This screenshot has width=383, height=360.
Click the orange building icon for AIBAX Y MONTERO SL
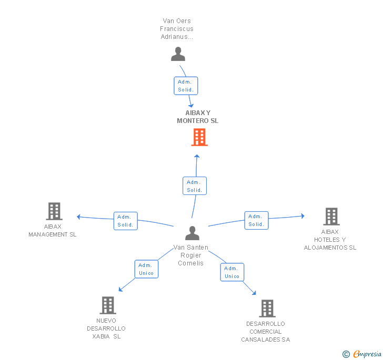[x=199, y=137]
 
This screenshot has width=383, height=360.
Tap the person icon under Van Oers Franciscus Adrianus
[x=178, y=54]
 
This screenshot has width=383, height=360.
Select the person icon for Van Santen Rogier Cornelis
[x=192, y=233]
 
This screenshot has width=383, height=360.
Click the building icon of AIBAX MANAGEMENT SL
[x=54, y=211]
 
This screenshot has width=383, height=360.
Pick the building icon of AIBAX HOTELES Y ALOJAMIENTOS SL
[x=331, y=217]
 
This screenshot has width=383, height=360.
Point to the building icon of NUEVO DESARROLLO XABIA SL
[x=108, y=305]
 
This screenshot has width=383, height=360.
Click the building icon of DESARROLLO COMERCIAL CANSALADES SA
[x=267, y=308]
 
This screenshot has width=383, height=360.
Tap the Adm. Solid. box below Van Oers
[x=186, y=86]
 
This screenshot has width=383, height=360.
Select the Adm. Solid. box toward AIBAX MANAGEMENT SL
[x=126, y=221]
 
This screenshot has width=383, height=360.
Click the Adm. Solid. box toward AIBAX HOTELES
[x=257, y=220]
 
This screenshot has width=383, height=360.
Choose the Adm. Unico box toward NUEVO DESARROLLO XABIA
[x=146, y=269]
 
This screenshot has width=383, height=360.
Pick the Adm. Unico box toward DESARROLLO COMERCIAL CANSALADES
[x=232, y=272]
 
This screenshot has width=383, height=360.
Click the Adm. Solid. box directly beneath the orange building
[x=195, y=186]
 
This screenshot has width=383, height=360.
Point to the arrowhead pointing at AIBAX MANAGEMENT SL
[x=79, y=217]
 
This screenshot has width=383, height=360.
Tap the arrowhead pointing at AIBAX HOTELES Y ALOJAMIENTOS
[x=303, y=216]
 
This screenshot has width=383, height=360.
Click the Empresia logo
[x=362, y=354]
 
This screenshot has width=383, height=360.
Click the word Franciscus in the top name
[x=177, y=29]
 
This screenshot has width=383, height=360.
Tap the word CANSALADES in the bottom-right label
[x=260, y=340]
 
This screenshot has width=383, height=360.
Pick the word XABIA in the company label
[x=101, y=336]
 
